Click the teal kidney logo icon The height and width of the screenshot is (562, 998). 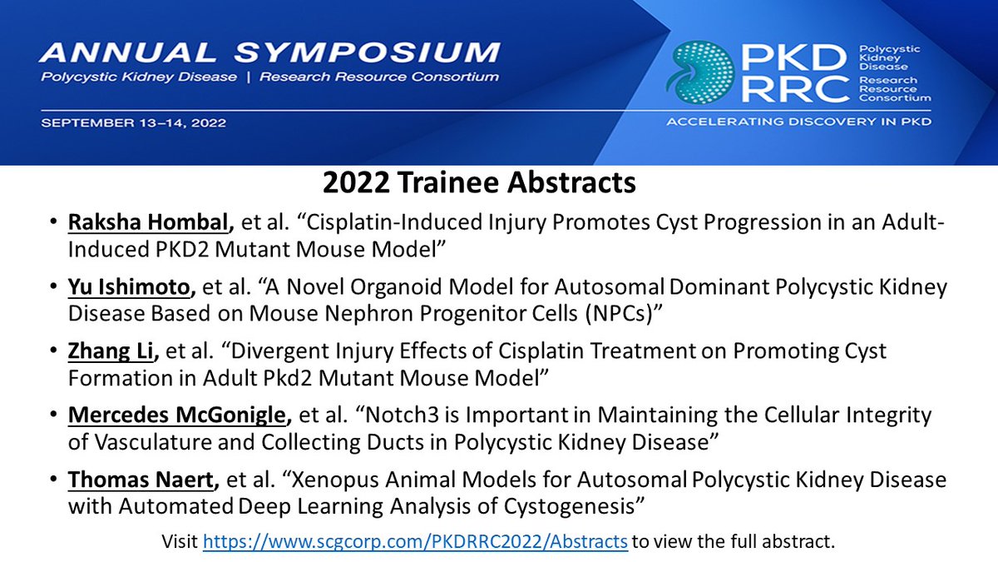click(699, 72)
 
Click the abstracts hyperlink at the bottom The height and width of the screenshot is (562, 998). click(415, 542)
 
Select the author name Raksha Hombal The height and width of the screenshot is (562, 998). click(148, 222)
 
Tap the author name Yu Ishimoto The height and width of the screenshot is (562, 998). click(129, 286)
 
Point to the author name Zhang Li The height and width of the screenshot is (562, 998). click(111, 351)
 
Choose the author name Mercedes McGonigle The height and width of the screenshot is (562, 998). click(177, 415)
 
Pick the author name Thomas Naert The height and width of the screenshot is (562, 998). click(141, 480)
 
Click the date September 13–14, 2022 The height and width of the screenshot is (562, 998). click(134, 122)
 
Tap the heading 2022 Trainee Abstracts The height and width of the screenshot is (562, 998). click(479, 182)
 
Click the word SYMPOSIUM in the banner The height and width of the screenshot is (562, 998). click(367, 53)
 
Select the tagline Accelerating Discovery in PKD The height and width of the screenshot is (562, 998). click(799, 122)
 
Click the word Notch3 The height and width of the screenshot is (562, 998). click(402, 415)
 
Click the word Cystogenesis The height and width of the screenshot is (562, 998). click(569, 507)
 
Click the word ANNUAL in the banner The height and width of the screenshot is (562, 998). click(128, 53)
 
